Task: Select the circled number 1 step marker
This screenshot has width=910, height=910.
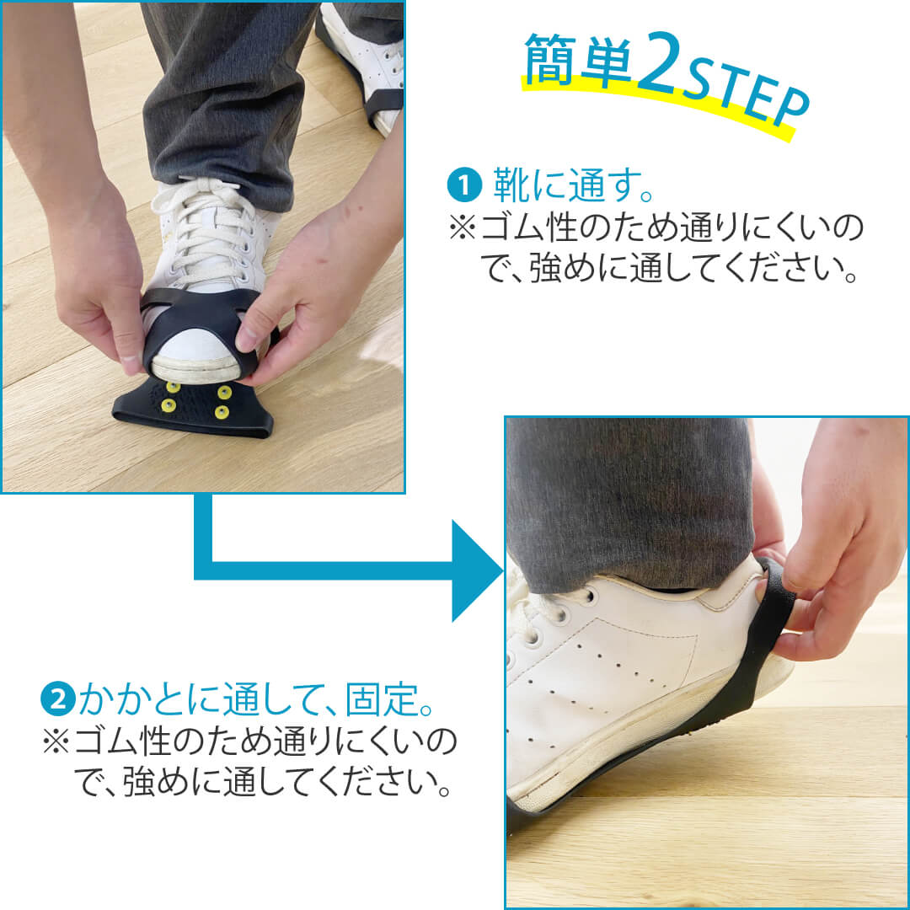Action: (x=464, y=185)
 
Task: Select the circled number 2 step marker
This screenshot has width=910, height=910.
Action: (x=58, y=699)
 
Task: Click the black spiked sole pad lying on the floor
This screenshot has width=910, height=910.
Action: (x=193, y=408)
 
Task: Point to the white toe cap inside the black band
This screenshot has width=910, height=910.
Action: (x=195, y=354)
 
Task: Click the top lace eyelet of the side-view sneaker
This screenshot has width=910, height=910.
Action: (x=588, y=596)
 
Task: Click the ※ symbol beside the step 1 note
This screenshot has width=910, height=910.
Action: (x=463, y=227)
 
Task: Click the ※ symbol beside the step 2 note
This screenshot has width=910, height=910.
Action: (x=56, y=742)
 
